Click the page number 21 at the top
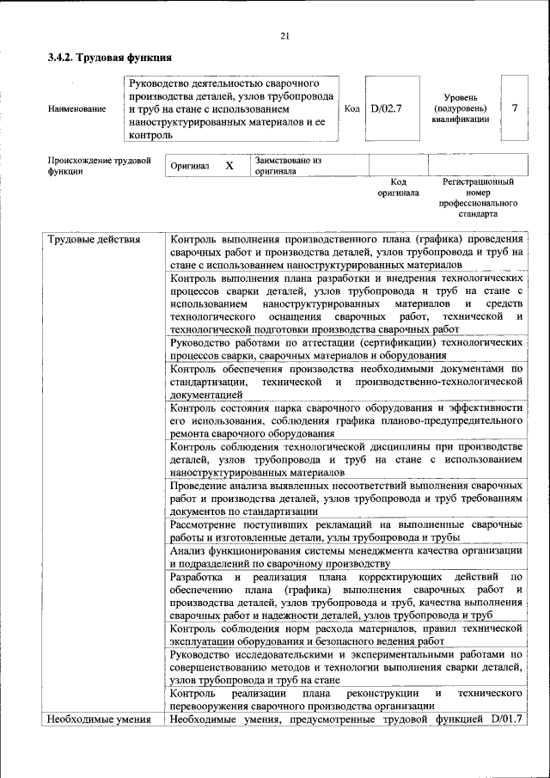284,34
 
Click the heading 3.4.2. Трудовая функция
111,58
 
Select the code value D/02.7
386,109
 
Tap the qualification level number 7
514,108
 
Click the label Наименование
77,109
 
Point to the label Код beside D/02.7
352,109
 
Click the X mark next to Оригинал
229,165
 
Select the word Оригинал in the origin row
190,165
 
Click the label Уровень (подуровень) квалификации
461,109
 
